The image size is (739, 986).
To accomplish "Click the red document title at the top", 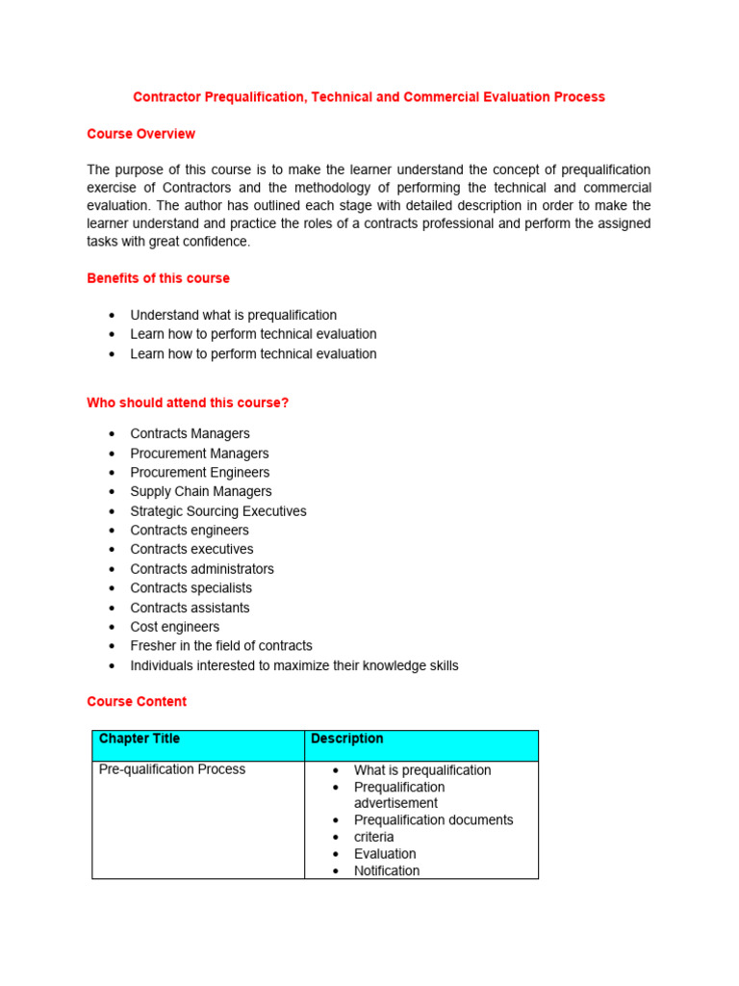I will tap(369, 97).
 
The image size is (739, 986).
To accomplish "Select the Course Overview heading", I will tap(140, 134).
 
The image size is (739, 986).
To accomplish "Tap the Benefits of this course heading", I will tap(158, 278).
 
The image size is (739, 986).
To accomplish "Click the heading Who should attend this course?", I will tap(188, 402).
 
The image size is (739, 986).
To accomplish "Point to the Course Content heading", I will tap(137, 701).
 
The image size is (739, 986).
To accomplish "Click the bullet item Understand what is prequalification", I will tap(233, 315).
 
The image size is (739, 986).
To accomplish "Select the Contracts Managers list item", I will tap(190, 433).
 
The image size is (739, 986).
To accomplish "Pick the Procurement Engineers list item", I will tap(199, 472).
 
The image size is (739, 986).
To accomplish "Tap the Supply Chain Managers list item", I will tap(200, 491).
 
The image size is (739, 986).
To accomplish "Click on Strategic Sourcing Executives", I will tap(217, 511).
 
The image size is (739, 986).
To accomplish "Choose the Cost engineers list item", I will tap(174, 627).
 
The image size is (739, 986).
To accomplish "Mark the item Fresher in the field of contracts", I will tap(220, 646).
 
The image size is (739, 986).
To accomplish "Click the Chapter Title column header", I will tap(140, 739).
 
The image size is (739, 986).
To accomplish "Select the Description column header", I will tap(346, 739).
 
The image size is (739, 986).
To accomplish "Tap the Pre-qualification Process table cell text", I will tap(171, 769).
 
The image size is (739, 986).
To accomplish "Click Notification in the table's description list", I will tap(386, 870).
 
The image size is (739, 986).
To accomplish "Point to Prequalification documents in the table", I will tap(433, 820).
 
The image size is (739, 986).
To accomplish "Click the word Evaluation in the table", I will tap(385, 854).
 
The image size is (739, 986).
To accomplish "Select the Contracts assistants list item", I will tap(190, 608).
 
